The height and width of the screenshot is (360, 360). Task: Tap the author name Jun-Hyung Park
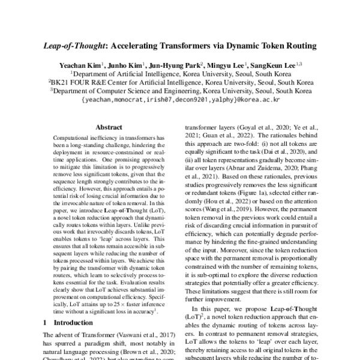tap(176, 65)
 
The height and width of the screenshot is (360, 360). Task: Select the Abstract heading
tap(109, 127)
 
